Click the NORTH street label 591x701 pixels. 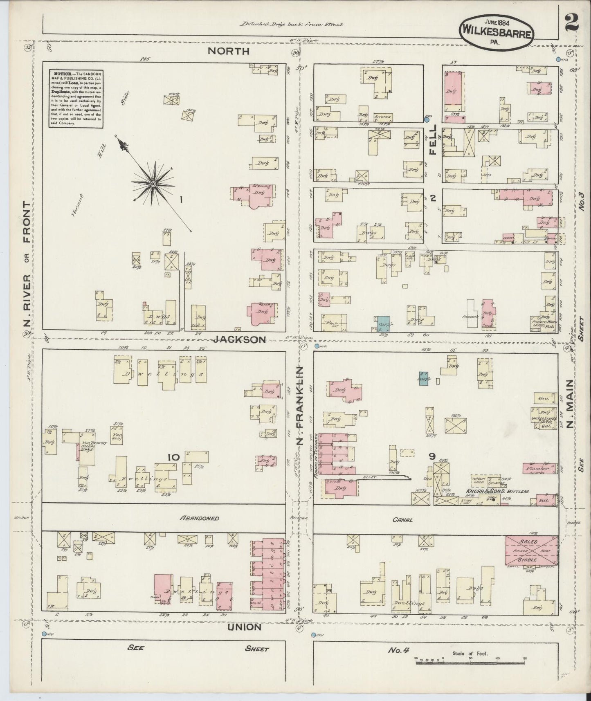(228, 51)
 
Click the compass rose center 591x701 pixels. (153, 184)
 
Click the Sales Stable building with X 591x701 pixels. (532, 550)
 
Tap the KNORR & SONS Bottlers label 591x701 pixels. (496, 491)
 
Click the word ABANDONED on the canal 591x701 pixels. (200, 518)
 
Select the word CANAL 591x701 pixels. (403, 520)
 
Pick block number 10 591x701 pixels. (173, 457)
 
